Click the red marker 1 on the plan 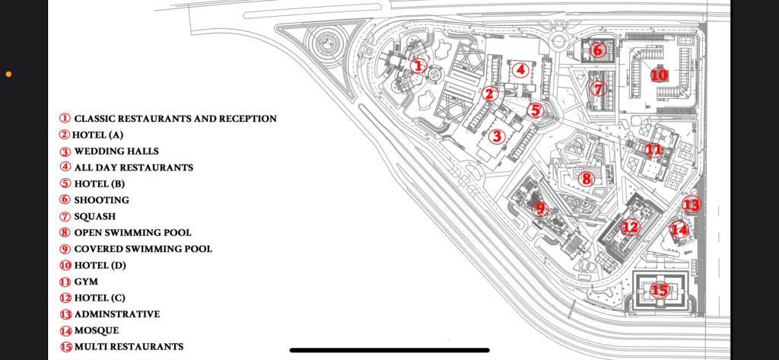(417, 65)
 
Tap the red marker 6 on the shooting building (597, 50)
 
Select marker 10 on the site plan (659, 75)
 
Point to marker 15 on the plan (660, 290)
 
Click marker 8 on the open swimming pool (585, 179)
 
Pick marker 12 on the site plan (630, 226)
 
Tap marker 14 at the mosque (679, 228)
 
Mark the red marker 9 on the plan (540, 209)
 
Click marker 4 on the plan (520, 70)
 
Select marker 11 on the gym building (653, 149)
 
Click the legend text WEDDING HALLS (116, 151)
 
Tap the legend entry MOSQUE (96, 330)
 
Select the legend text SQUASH (94, 216)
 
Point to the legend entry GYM (86, 282)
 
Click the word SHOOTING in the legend (101, 200)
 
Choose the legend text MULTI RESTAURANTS (129, 347)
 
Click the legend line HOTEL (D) (100, 266)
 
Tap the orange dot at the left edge (8, 75)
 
